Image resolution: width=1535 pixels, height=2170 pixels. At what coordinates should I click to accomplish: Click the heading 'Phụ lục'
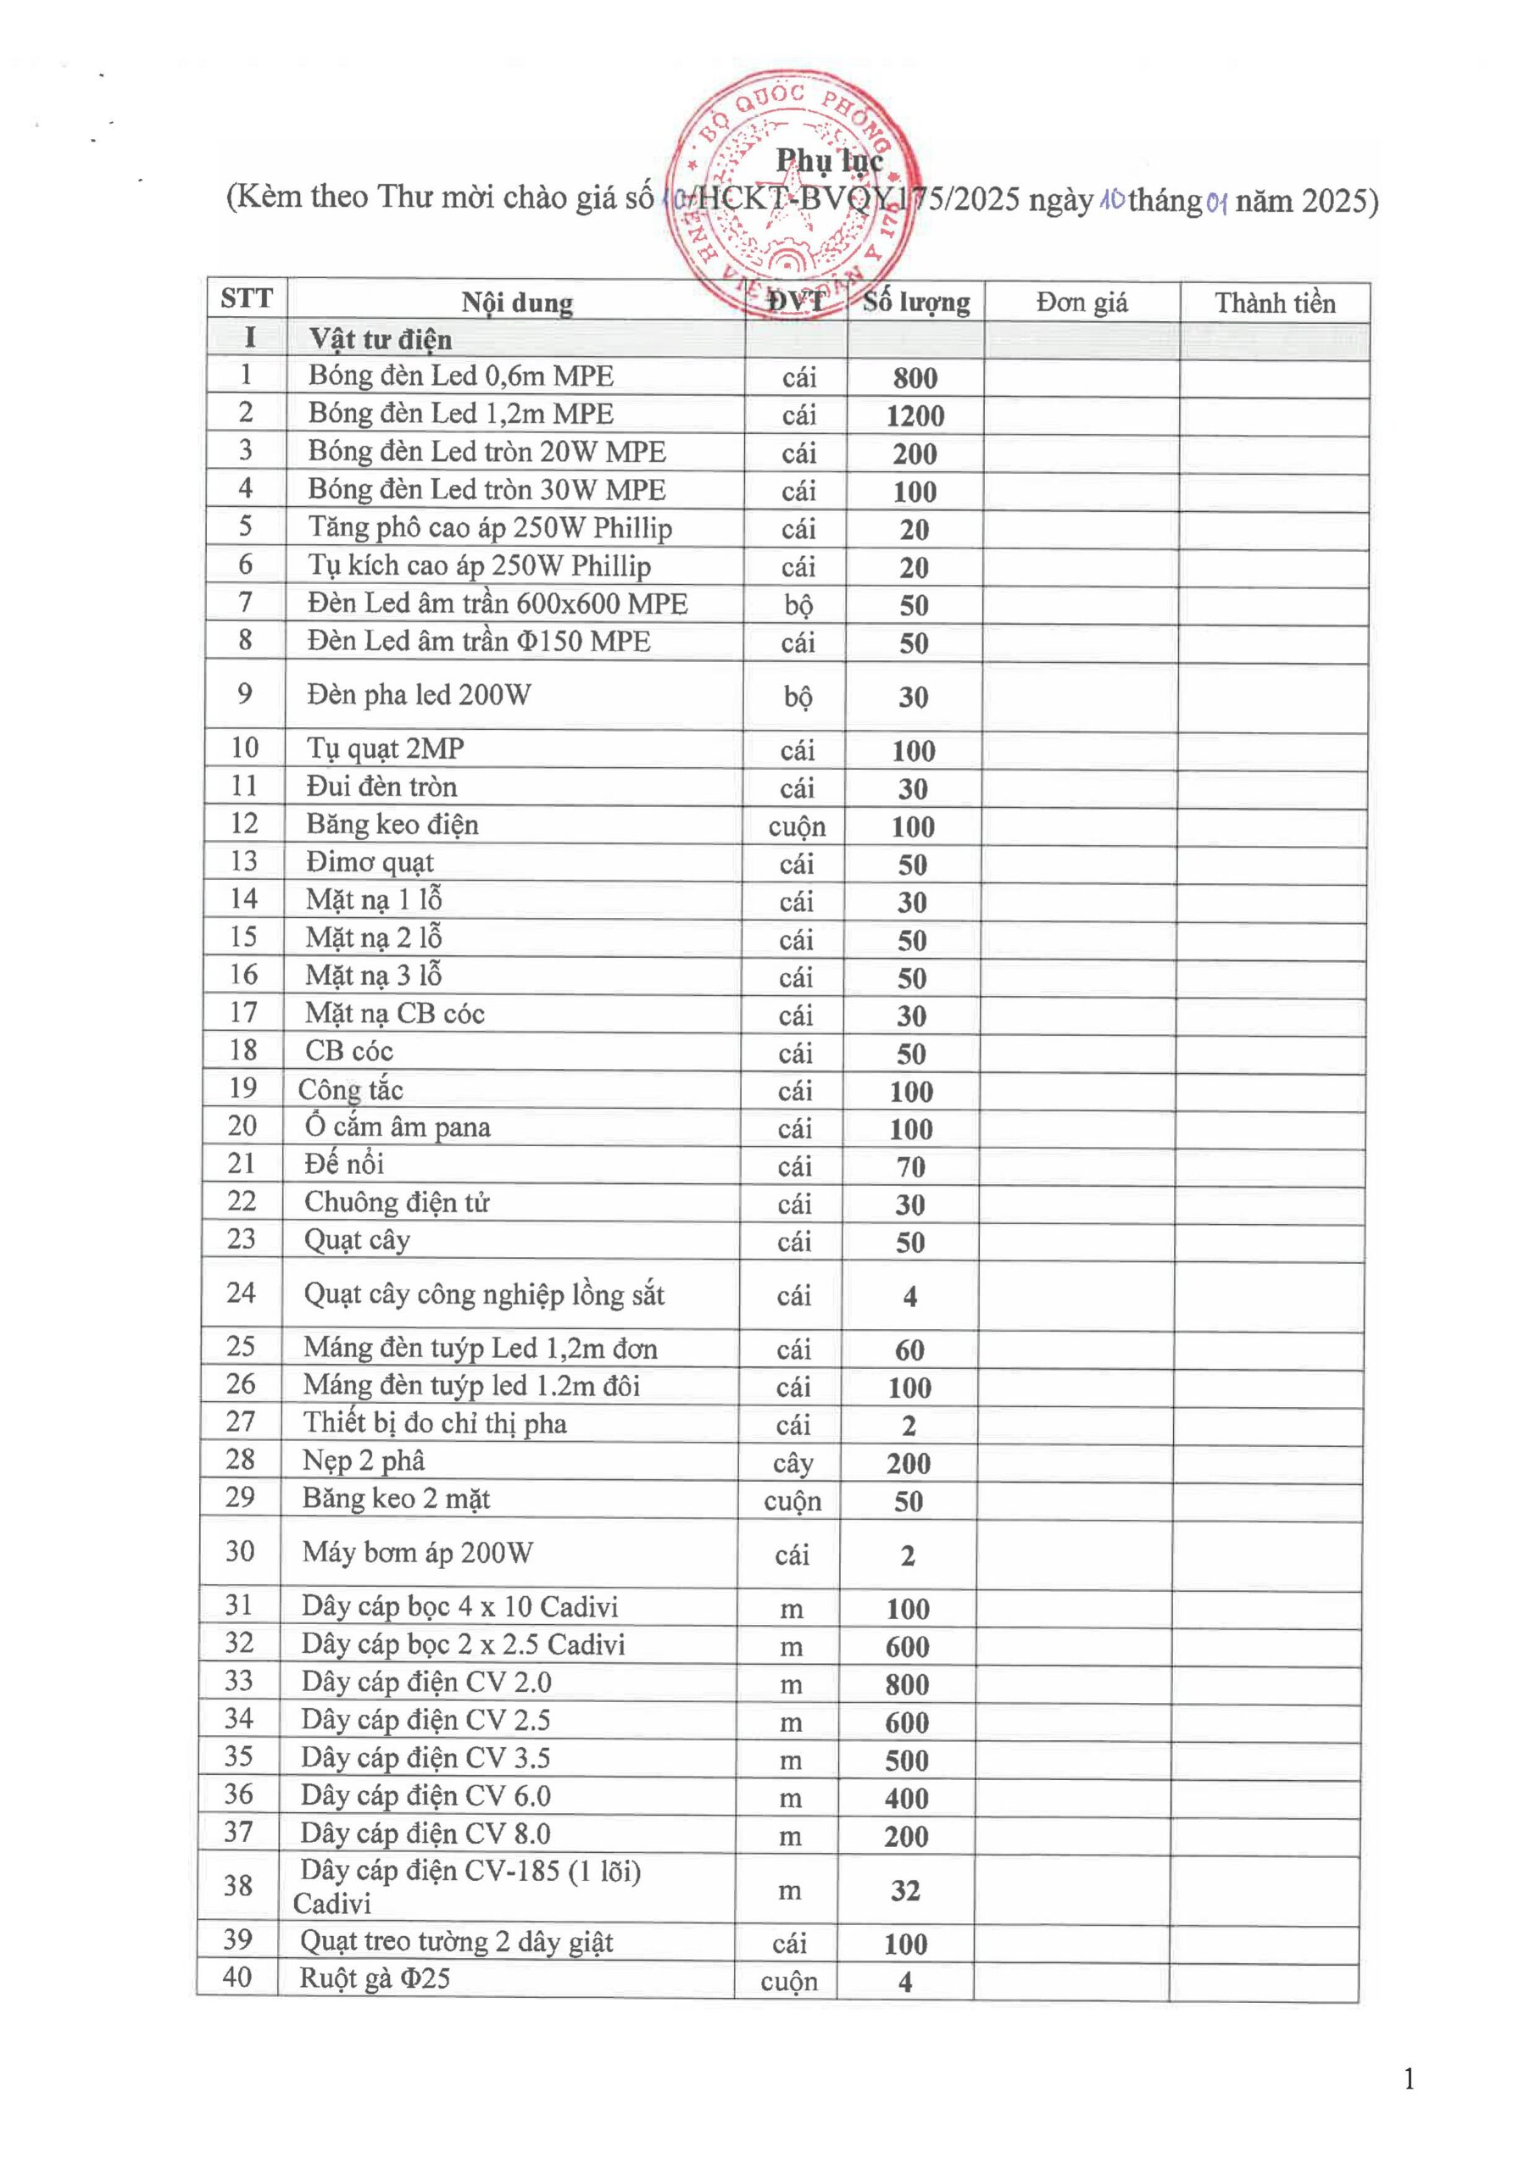829,161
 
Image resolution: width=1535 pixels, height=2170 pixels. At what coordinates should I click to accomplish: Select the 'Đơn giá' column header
1082,303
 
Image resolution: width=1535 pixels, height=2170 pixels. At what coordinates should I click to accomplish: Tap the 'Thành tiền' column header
1274,303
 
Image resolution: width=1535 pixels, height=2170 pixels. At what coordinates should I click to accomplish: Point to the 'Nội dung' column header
516,303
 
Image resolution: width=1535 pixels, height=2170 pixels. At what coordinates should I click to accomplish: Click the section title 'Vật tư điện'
380,339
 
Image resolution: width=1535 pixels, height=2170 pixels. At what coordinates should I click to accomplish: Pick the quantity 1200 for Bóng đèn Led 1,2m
915,416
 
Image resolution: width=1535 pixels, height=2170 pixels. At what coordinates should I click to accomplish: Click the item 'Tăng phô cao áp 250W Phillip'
490,527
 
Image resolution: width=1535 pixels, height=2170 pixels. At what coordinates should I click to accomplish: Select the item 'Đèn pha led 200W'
419,695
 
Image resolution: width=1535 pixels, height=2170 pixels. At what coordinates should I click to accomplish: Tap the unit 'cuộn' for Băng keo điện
797,827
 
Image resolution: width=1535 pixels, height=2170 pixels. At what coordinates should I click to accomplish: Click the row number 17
243,1013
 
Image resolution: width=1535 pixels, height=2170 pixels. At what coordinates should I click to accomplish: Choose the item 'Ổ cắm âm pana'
397,1127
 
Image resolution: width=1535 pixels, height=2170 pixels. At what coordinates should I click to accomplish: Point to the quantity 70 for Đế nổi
910,1167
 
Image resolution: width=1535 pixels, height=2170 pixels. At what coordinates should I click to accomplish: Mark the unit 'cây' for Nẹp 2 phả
793,1464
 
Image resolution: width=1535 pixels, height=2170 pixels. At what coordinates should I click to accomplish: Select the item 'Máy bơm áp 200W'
417,1553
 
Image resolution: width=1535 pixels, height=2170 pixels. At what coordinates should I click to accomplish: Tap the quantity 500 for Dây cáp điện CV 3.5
906,1761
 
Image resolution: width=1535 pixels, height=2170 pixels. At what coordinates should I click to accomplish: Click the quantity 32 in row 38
904,1890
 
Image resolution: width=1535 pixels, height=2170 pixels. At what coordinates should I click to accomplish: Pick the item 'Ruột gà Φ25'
375,1978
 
